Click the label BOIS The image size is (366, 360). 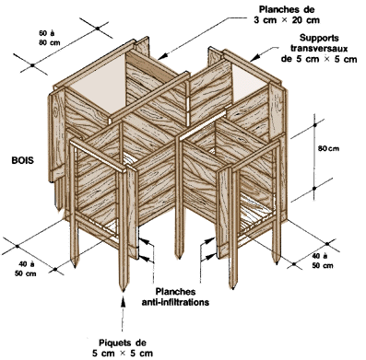pyautogui.click(x=22, y=160)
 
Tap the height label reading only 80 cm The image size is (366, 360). pyautogui.click(x=328, y=148)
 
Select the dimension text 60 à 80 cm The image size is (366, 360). pyautogui.click(x=49, y=38)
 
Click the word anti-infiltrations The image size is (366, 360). pyautogui.click(x=175, y=302)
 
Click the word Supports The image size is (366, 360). pyautogui.click(x=319, y=39)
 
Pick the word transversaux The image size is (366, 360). pyautogui.click(x=319, y=49)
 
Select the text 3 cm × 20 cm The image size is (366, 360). pyautogui.click(x=287, y=20)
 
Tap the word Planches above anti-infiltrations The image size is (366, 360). pyautogui.click(x=175, y=292)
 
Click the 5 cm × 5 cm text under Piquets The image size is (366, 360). pyautogui.click(x=123, y=354)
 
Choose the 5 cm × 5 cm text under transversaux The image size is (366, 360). pyautogui.click(x=319, y=59)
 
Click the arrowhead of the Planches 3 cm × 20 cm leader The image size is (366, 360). pyautogui.click(x=162, y=56)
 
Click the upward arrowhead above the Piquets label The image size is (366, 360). pyautogui.click(x=123, y=301)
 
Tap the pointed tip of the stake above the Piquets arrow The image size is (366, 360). pyautogui.click(x=123, y=291)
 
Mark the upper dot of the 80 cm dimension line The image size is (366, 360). pyautogui.click(x=314, y=125)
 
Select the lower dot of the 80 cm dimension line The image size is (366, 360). pyautogui.click(x=314, y=188)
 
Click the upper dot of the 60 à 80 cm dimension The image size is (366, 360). pyautogui.click(x=98, y=29)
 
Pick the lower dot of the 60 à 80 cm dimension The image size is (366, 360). pyautogui.click(x=32, y=65)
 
